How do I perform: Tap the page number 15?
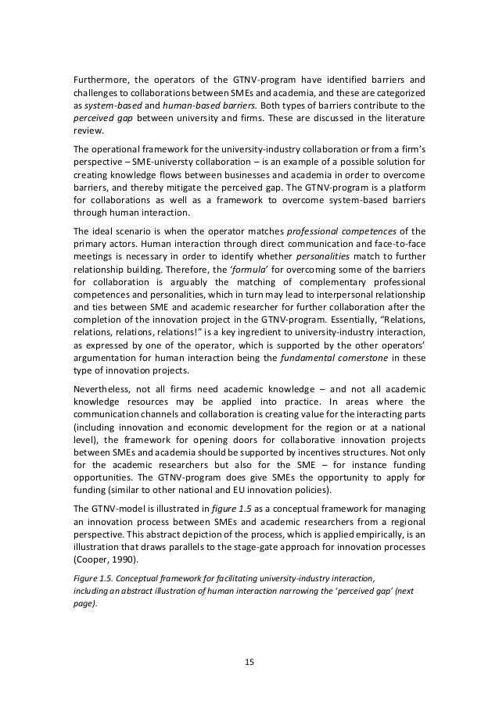click(x=249, y=661)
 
